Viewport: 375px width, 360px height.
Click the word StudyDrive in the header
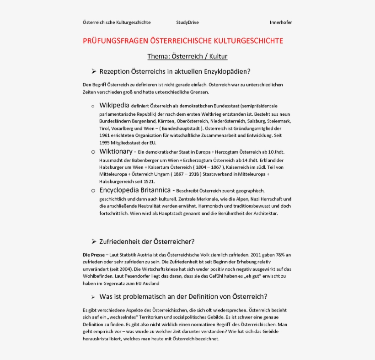(x=187, y=22)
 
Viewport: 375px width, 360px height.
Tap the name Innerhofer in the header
(x=281, y=22)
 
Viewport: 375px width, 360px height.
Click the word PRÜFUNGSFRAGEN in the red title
(x=116, y=41)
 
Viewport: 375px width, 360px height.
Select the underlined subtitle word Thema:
(x=158, y=56)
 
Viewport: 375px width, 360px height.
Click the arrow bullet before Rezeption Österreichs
(x=94, y=71)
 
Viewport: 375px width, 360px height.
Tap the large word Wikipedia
(x=114, y=105)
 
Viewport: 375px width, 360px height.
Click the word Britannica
(x=153, y=190)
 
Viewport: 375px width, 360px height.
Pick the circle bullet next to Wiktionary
(x=93, y=152)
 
